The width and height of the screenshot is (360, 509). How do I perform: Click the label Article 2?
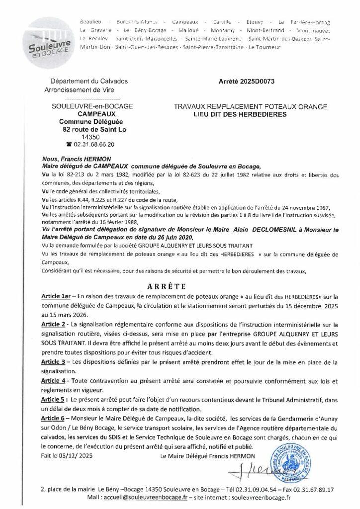click(55, 324)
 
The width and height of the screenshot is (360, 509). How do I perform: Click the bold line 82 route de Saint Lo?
click(90, 129)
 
